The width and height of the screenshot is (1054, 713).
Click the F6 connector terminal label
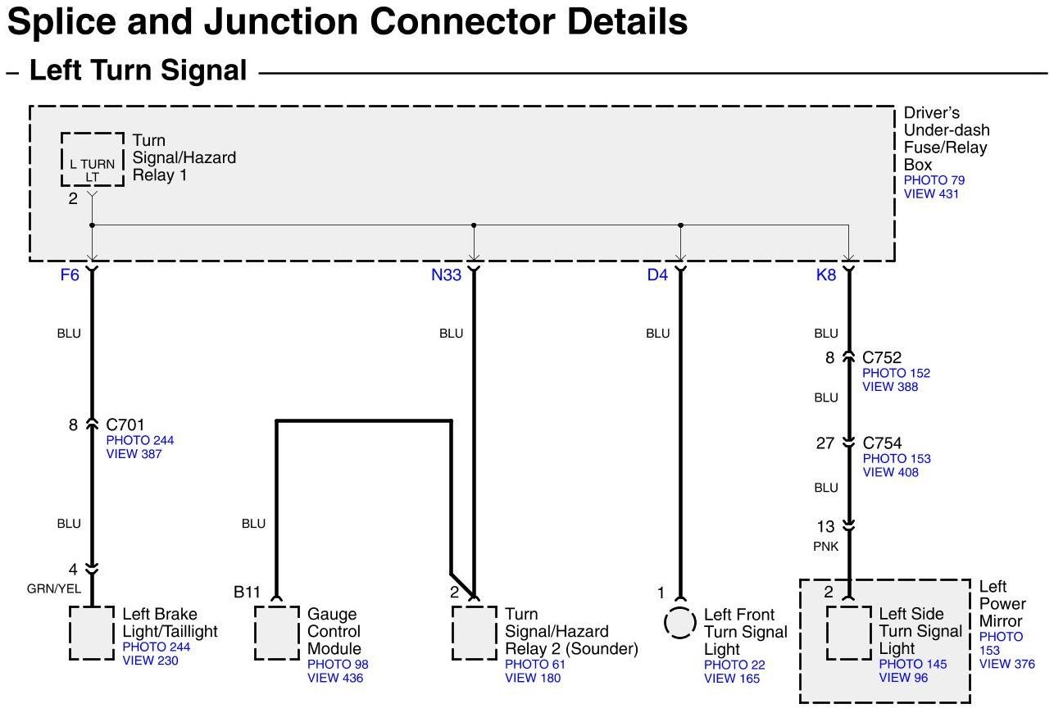(70, 275)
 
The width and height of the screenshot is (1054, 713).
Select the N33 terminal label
(447, 275)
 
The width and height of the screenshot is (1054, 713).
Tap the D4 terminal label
(657, 275)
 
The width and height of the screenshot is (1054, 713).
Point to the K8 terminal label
(826, 275)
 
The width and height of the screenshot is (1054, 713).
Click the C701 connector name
(125, 425)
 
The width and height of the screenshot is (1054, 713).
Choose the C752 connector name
(882, 358)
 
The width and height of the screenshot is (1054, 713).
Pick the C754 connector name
(882, 443)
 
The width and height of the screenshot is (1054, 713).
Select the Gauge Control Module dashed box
(277, 633)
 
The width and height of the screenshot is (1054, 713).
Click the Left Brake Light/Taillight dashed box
(91, 633)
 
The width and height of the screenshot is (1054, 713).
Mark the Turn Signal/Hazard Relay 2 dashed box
(474, 633)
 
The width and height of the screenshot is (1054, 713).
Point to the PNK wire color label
(826, 547)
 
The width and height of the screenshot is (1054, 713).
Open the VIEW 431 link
(931, 194)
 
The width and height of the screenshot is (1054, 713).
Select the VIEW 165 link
(732, 678)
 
